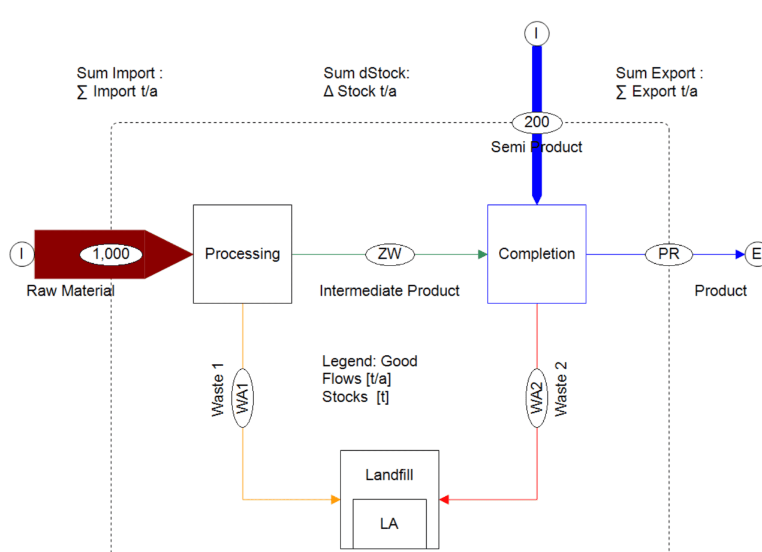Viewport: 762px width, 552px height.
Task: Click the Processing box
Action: tap(242, 254)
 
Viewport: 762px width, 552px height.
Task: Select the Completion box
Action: tap(537, 254)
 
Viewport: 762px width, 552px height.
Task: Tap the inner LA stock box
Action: tap(390, 524)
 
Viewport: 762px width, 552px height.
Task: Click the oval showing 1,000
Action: tap(111, 254)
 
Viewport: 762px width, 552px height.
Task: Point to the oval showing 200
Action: tap(537, 122)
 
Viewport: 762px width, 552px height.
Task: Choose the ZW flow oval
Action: tap(390, 254)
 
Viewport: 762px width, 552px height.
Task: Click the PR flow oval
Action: tap(669, 254)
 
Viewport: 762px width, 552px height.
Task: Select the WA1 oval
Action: tap(243, 398)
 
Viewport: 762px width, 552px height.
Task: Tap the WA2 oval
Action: tap(537, 398)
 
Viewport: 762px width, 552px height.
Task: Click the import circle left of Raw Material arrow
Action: tap(22, 254)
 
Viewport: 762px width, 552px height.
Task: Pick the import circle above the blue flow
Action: tap(537, 34)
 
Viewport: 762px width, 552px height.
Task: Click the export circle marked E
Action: tap(754, 254)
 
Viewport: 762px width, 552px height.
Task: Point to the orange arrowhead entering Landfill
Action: tap(335, 500)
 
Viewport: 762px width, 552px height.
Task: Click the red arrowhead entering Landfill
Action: tap(444, 500)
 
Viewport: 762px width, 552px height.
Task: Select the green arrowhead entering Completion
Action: tap(483, 254)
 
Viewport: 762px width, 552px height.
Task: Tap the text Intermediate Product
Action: tap(390, 291)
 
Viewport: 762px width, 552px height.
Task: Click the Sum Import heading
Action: tap(120, 73)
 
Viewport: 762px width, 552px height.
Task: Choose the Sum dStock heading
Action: tap(367, 73)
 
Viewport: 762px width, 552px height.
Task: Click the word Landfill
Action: tap(390, 475)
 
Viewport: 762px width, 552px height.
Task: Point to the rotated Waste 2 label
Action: tap(561, 389)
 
